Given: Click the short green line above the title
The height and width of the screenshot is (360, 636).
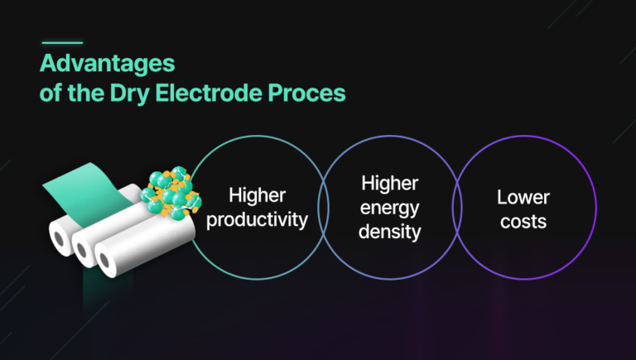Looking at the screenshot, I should (62, 42).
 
